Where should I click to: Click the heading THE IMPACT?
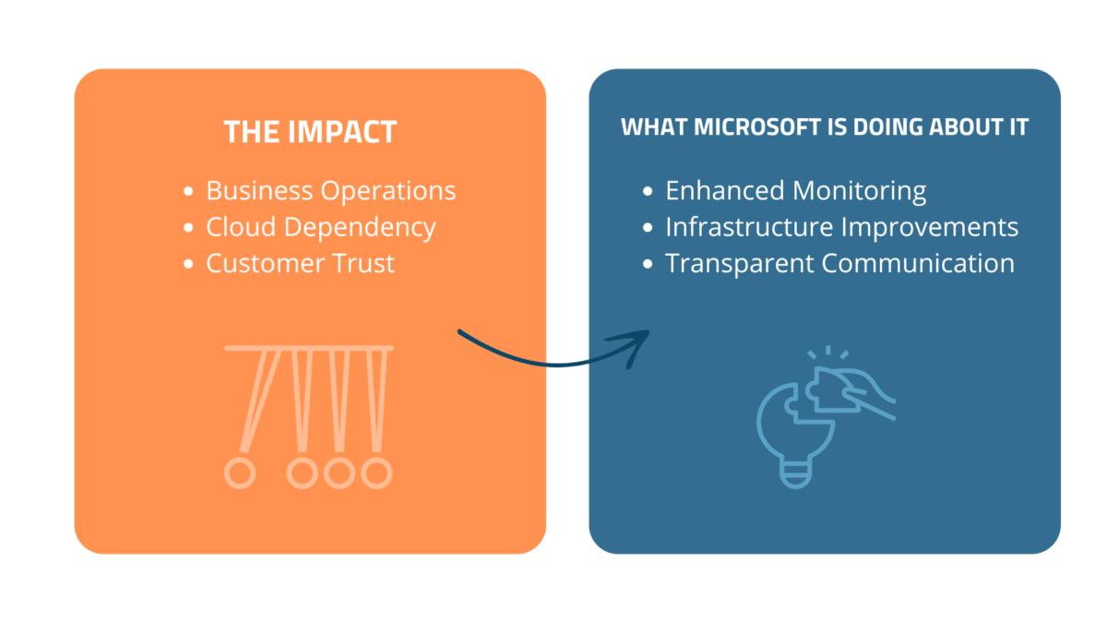(x=310, y=132)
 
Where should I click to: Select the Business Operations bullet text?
(x=330, y=191)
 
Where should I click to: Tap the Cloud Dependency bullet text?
(x=321, y=228)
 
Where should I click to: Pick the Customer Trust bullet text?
(x=300, y=263)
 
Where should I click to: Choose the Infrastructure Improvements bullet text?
(x=841, y=227)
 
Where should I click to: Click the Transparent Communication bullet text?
(x=839, y=264)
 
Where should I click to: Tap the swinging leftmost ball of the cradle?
(x=240, y=473)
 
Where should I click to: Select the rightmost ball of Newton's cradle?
(x=376, y=473)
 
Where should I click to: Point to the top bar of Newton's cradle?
(x=309, y=348)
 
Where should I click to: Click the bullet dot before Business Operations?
(x=188, y=191)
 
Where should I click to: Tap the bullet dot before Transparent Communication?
(x=648, y=264)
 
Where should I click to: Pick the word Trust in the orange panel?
(x=363, y=263)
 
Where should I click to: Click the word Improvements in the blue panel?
(x=930, y=227)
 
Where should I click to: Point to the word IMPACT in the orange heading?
(x=342, y=132)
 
